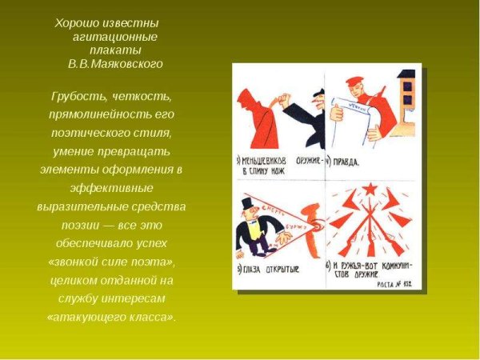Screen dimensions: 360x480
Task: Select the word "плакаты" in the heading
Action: click(111, 50)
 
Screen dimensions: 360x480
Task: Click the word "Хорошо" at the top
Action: click(76, 22)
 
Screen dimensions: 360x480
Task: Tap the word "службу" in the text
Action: click(78, 298)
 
